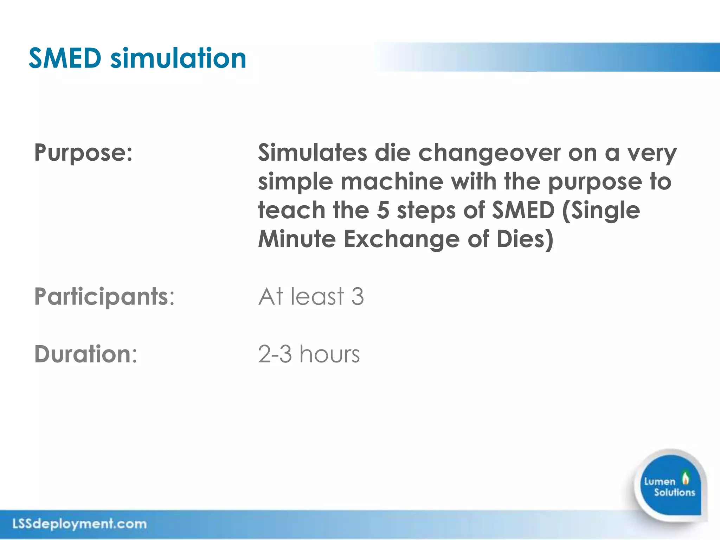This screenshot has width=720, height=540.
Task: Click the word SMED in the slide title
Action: pyautogui.click(x=65, y=58)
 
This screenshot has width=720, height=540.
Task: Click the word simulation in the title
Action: pyautogui.click(x=178, y=58)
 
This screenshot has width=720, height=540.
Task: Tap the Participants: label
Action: pyautogui.click(x=104, y=297)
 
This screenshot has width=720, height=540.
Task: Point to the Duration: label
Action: pyautogui.click(x=86, y=354)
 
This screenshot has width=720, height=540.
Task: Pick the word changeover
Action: pyautogui.click(x=489, y=153)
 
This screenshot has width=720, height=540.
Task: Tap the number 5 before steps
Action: pyautogui.click(x=383, y=211)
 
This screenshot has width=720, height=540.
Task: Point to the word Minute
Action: pyautogui.click(x=297, y=239)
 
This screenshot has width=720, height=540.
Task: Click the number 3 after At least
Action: pyautogui.click(x=357, y=297)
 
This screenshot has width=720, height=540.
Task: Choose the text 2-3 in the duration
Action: pyautogui.click(x=275, y=354)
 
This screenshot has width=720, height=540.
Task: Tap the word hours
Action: pyautogui.click(x=330, y=354)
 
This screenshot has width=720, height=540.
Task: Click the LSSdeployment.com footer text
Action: pyautogui.click(x=79, y=524)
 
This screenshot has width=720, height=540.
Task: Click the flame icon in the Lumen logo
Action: pyautogui.click(x=685, y=478)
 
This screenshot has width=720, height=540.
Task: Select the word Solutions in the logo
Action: pyautogui.click(x=674, y=492)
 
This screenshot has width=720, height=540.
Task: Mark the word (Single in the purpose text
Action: pyautogui.click(x=601, y=211)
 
